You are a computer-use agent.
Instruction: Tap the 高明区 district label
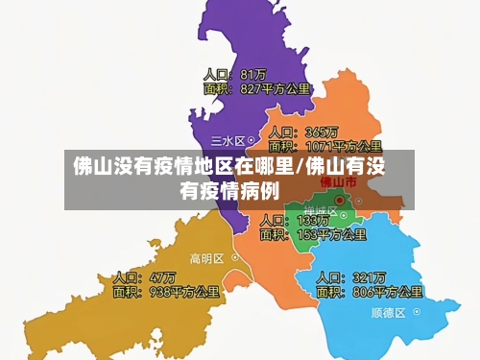206,258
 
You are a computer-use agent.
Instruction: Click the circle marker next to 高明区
231,258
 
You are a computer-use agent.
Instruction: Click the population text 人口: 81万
234,74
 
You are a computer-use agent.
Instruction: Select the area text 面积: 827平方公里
256,89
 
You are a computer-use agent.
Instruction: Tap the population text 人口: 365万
302,132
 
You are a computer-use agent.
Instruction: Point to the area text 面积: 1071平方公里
325,147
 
